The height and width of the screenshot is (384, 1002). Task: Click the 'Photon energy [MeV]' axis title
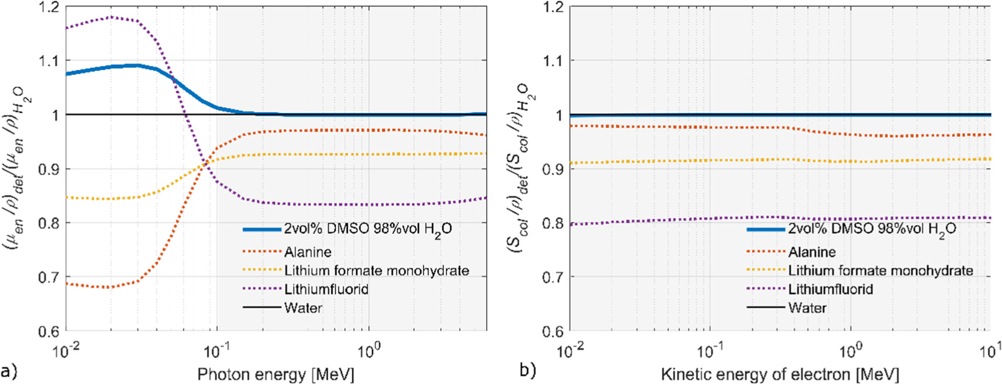(275, 374)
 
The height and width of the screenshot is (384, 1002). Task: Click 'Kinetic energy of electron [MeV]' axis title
(780, 374)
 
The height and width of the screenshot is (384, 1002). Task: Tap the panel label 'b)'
(528, 370)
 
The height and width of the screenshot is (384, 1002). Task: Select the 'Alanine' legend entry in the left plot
(308, 252)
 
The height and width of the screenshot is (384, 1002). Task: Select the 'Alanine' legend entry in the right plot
(812, 252)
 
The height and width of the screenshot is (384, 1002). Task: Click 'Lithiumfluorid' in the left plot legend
(326, 289)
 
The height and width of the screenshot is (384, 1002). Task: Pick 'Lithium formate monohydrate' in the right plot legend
(880, 271)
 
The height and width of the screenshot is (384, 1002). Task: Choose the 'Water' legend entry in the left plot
(303, 308)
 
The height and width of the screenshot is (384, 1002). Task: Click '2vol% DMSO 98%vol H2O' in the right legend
(872, 229)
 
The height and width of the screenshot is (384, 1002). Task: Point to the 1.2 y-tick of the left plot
(49, 7)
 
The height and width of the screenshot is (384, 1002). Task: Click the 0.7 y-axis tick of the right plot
(553, 277)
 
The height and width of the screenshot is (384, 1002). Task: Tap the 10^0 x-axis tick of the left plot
(369, 348)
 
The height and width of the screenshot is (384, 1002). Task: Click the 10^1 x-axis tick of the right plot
(990, 348)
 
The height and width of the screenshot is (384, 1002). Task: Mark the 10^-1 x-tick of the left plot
(217, 348)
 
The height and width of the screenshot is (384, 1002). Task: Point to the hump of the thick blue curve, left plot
(135, 65)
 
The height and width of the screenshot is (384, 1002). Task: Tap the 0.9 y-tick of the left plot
(49, 169)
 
